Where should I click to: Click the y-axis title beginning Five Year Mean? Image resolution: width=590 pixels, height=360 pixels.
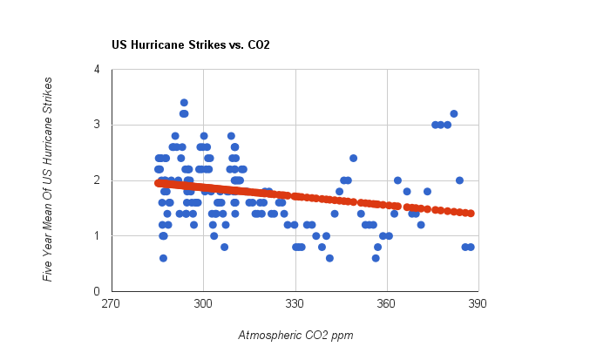tap(49, 180)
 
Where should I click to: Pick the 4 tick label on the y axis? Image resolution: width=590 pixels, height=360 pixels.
tap(96, 70)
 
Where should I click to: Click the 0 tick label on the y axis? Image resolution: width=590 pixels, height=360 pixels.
tap(96, 291)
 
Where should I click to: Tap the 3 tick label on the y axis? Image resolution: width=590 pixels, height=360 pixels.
tap(96, 125)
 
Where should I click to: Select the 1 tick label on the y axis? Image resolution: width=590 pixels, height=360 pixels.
tap(96, 236)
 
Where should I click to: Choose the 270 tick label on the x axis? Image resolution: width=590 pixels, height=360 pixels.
tap(111, 304)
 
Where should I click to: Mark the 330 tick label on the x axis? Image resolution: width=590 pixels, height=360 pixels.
tap(295, 304)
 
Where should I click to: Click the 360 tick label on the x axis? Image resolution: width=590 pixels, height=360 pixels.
tap(387, 304)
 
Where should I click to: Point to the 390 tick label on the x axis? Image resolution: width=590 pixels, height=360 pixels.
tap(478, 304)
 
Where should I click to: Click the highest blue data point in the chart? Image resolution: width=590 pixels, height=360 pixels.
tap(184, 103)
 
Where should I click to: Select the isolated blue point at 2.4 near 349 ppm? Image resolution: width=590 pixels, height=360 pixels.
tap(353, 158)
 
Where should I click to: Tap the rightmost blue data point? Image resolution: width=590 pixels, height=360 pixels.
tap(471, 247)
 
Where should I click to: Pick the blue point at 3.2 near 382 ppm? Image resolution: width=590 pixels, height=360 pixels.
tap(454, 113)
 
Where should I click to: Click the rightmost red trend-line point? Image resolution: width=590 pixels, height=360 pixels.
tap(470, 213)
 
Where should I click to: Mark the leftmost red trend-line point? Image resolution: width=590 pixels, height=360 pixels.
tap(158, 183)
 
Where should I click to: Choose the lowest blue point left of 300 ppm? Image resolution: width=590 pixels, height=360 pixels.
tap(163, 258)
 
